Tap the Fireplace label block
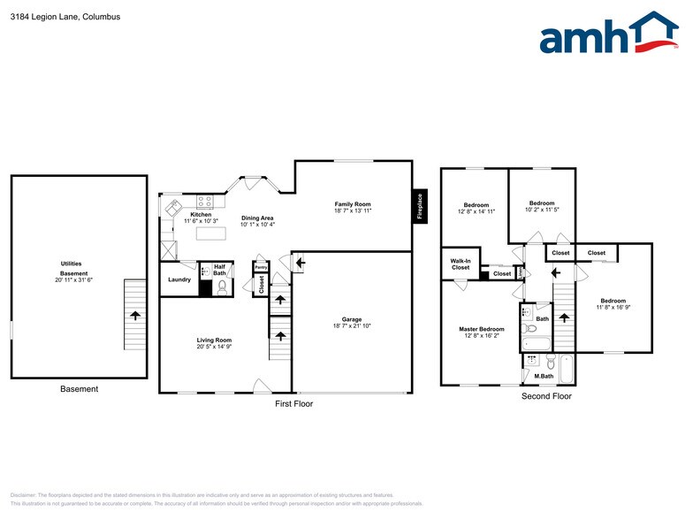[x=420, y=207]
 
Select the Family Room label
[x=353, y=204]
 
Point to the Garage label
[x=352, y=319]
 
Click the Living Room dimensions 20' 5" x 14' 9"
[x=214, y=347]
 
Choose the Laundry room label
[x=179, y=280]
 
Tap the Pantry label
[x=261, y=266]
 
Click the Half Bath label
[x=220, y=270]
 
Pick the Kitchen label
[x=201, y=215]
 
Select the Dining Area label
[x=257, y=218]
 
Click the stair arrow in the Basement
[x=134, y=315]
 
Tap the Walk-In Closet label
[x=461, y=264]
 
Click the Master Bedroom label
[x=483, y=329]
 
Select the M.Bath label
[x=544, y=378]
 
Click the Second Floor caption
[x=546, y=396]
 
